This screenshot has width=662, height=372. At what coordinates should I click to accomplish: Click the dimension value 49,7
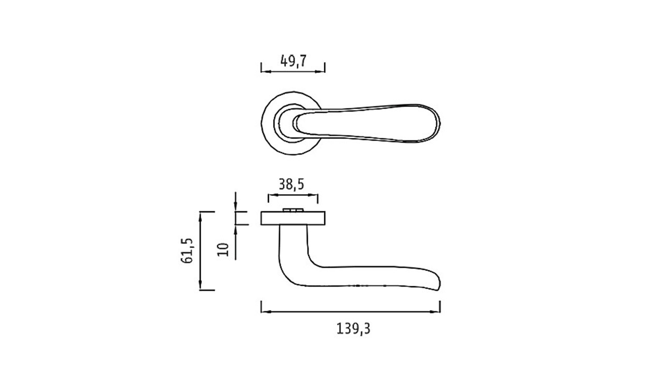pos(293,61)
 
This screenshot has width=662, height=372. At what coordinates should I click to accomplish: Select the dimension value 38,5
pos(291,184)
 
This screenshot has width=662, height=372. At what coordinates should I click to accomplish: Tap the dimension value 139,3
pos(353,329)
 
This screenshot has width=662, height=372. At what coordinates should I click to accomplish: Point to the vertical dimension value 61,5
pos(187,251)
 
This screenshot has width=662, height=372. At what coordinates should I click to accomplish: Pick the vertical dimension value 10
pos(223,250)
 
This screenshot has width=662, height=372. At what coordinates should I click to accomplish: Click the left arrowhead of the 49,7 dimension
pos(266,71)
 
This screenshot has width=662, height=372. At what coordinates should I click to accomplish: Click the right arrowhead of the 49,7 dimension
pos(320,71)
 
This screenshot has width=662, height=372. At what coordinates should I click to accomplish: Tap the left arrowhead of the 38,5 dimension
pos(273,195)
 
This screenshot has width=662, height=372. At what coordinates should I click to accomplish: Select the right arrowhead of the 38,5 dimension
pos(313,195)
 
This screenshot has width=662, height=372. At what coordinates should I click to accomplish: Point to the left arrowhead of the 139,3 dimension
pos(266,312)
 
